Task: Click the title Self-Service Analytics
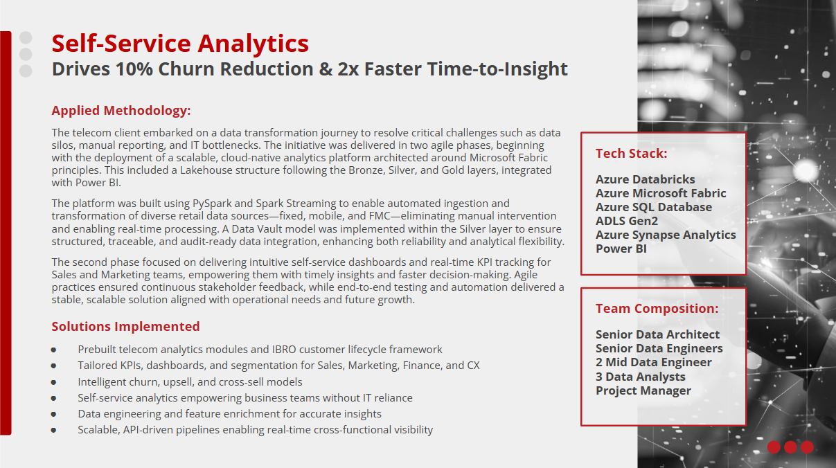click(x=180, y=44)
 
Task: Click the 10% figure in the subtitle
click(x=134, y=69)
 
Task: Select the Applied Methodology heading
click(x=121, y=111)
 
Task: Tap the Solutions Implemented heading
click(x=126, y=327)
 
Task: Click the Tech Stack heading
click(x=632, y=154)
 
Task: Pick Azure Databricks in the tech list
click(x=646, y=179)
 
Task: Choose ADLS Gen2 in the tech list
click(x=627, y=221)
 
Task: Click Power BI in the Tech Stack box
click(x=621, y=249)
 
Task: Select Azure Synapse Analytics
click(x=666, y=235)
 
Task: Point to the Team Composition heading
click(x=657, y=309)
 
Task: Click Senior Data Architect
click(x=657, y=334)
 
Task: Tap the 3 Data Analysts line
click(x=641, y=377)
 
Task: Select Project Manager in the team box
click(x=643, y=391)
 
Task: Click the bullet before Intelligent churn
click(x=54, y=382)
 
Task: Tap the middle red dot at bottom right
click(x=790, y=447)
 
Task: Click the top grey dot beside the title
click(x=26, y=37)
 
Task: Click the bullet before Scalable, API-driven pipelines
click(x=54, y=431)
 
